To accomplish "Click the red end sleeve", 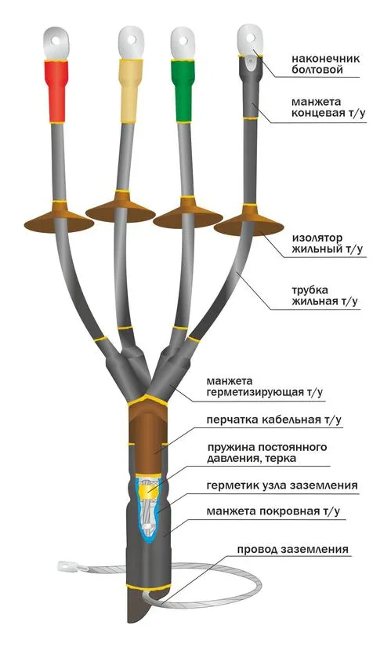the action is pos(57,91).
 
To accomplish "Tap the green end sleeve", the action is pos(183,90).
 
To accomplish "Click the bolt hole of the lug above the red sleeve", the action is pos(57,41).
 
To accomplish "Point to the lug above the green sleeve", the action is pos(183,43).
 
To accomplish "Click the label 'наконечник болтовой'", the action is pos(325,64).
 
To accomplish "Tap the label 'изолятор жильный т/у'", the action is pos(328,243).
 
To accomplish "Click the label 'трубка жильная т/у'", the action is pos(324,296).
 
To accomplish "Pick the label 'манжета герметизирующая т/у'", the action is pos(264,387).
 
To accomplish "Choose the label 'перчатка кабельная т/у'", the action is pos(274,420).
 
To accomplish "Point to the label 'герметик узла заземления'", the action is pos(282,485).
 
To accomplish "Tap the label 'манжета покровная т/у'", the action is pos(273,511).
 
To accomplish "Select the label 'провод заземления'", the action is pos(292,550).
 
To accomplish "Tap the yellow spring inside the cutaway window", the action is pos(147,490).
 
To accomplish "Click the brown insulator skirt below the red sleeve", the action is pos(59,218).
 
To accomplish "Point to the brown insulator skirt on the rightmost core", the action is pos(248,220).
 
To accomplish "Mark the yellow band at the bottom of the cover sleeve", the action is pos(148,587).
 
